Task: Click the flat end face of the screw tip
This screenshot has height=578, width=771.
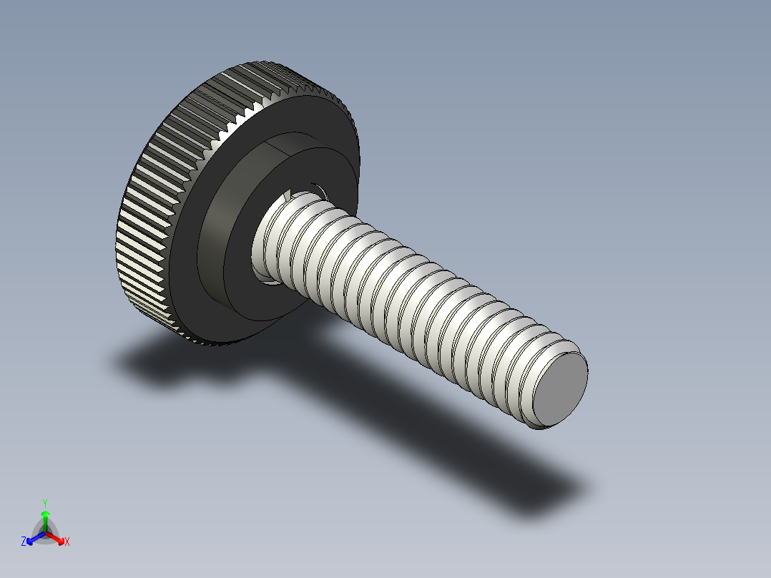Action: coord(561,388)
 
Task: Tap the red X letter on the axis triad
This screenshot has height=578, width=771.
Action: coord(67,542)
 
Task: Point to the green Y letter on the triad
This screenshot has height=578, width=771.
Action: coord(45,503)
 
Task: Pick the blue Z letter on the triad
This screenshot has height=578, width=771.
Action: coord(24,542)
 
